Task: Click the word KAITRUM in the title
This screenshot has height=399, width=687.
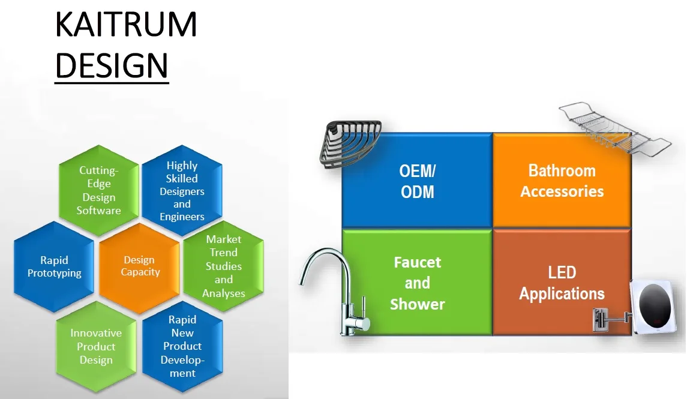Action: [125, 25]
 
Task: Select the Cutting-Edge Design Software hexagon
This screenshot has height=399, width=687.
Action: [100, 191]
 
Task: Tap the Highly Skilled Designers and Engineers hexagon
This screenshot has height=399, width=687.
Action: [182, 191]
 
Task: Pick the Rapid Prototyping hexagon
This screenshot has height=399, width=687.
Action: [54, 266]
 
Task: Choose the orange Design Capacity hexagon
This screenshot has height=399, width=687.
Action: [140, 266]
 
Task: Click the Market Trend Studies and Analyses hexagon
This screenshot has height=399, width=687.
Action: [223, 266]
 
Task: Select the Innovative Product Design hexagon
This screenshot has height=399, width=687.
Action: [96, 346]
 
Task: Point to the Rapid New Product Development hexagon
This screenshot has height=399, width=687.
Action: [182, 346]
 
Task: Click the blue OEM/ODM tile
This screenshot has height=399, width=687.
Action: [417, 181]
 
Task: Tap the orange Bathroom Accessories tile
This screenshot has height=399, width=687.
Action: [562, 181]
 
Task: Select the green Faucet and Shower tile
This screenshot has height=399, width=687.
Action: [417, 283]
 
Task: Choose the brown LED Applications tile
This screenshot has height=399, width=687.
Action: [562, 283]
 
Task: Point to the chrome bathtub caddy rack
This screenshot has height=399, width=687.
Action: [612, 129]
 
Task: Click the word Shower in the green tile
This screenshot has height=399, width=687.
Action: [417, 304]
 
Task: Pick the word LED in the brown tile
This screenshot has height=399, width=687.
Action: [562, 272]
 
